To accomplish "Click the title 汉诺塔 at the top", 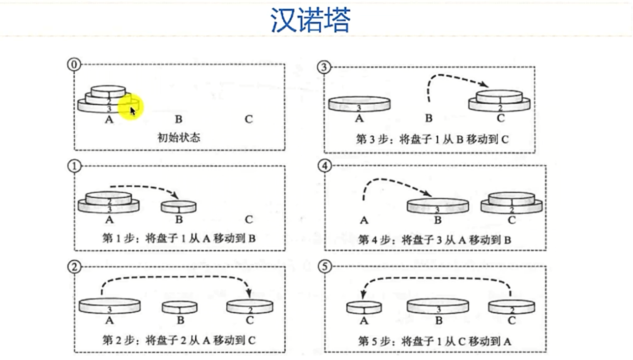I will pos(310,20).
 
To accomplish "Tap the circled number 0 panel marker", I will pos(73,65).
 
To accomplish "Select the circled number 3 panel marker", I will pos(323,66).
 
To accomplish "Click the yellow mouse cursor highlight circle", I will pos(131,107).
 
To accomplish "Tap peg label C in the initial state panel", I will pos(249,119).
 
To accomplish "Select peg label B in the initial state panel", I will pos(179,119).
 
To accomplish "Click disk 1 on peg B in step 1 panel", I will pos(179,207).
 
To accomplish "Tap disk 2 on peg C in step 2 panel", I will pos(249,306).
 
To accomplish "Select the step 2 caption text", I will pos(179,340).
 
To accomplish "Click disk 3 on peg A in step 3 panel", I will pos(360,104).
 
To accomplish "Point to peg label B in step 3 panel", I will pos(428,118).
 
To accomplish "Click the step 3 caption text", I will pos(432,139).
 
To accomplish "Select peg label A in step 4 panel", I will pos(363,220).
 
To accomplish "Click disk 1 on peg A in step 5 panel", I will pos(364,307).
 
